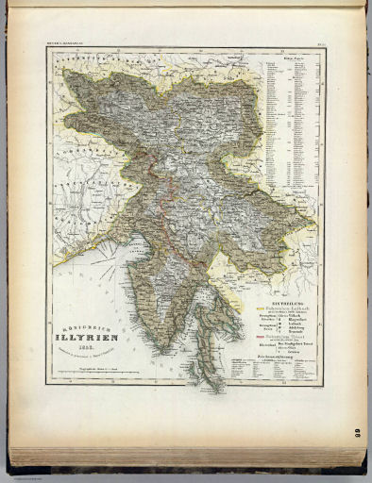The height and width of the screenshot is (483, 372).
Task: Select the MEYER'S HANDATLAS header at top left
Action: pyautogui.click(x=64, y=42)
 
